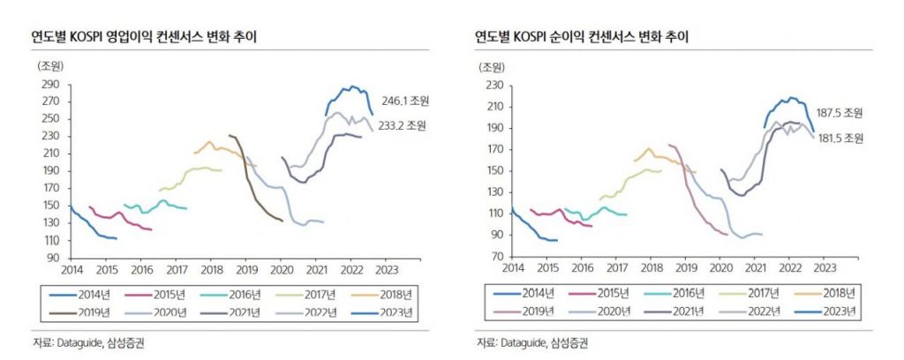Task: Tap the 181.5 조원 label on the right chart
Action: (x=840, y=139)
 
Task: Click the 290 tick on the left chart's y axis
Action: (x=51, y=85)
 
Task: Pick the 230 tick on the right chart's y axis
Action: (x=493, y=85)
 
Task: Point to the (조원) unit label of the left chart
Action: (x=50, y=65)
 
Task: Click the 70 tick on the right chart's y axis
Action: (x=495, y=256)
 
